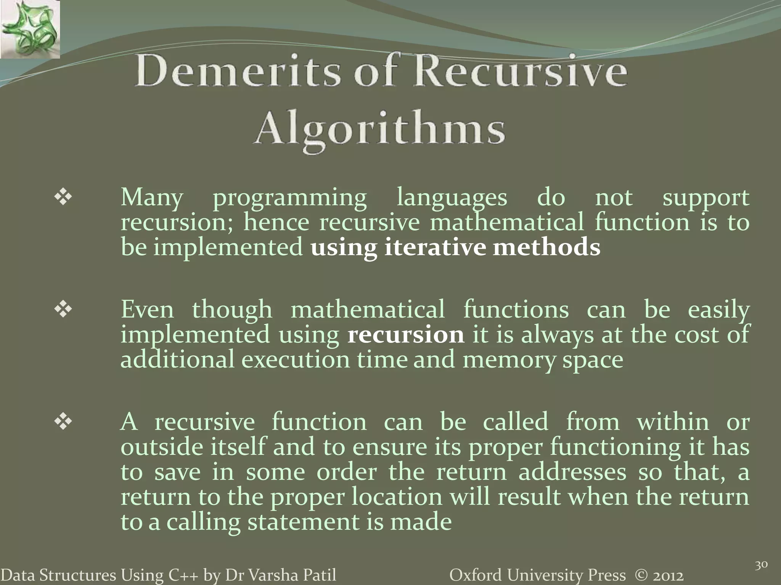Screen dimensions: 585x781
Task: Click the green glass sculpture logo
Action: point(30,29)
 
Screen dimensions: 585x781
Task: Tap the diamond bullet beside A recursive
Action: point(63,422)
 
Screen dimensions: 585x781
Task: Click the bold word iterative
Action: point(435,247)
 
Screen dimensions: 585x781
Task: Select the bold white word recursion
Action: point(406,334)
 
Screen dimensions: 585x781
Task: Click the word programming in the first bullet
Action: point(290,198)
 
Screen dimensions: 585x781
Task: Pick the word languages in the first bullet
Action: point(452,198)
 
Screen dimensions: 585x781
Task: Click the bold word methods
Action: point(546,247)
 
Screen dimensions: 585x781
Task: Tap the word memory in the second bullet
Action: point(509,360)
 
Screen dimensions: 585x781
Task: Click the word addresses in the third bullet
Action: point(572,472)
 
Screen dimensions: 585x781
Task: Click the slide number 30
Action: point(761,565)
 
